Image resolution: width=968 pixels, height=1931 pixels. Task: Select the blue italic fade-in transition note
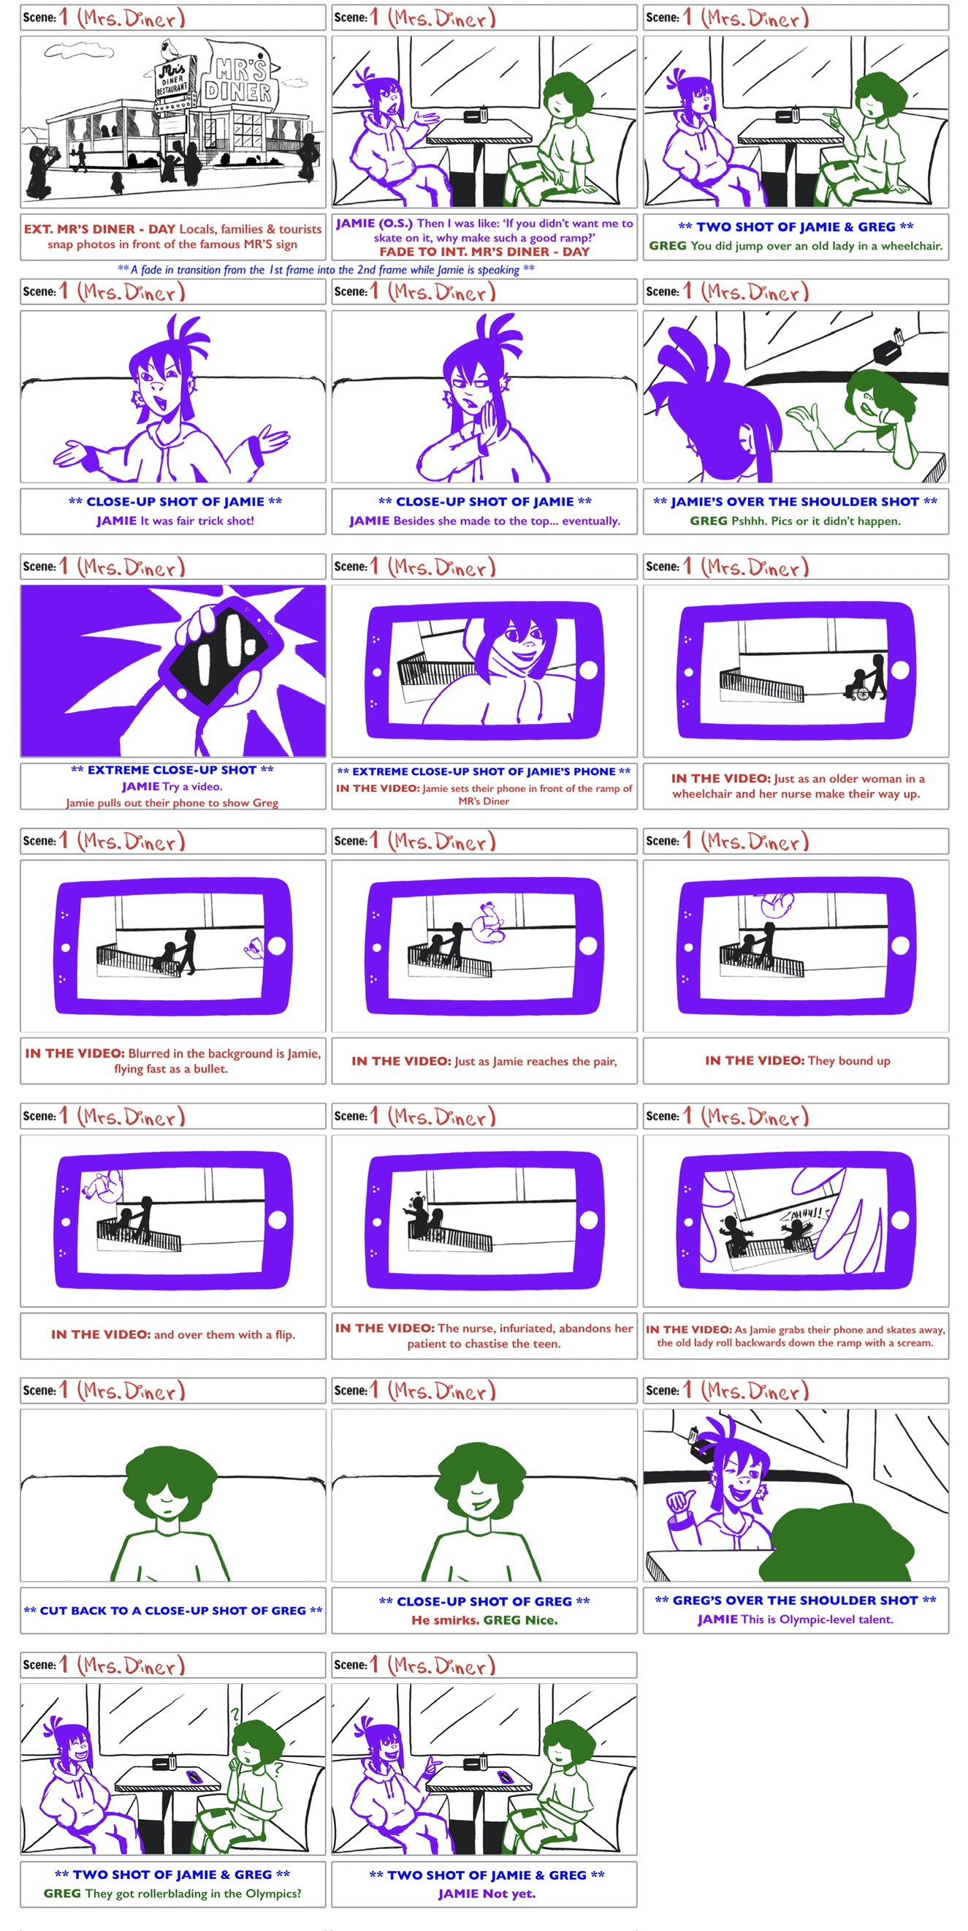[x=326, y=270]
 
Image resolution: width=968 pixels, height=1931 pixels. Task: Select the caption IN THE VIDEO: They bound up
[x=797, y=1061]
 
